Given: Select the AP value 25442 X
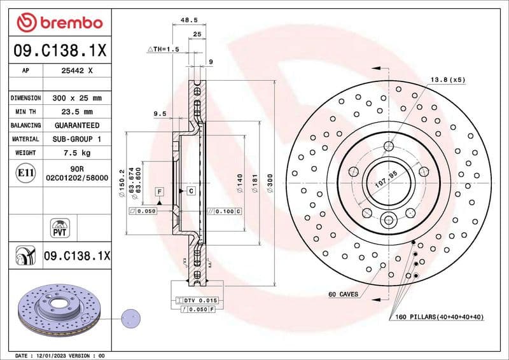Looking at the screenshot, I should [x=77, y=71].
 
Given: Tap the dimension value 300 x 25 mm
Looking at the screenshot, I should [x=77, y=98].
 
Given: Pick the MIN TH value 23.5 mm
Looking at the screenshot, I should [x=77, y=111].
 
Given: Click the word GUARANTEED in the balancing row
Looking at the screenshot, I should [x=77, y=125].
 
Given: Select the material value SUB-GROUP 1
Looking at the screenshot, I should [x=77, y=139].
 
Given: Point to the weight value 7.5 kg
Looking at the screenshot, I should [x=77, y=153].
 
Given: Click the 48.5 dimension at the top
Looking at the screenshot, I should [x=188, y=20].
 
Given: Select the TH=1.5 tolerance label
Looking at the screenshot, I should [x=164, y=49].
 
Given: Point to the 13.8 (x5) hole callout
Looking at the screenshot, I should [x=448, y=80].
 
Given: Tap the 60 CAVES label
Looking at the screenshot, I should [x=343, y=294].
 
